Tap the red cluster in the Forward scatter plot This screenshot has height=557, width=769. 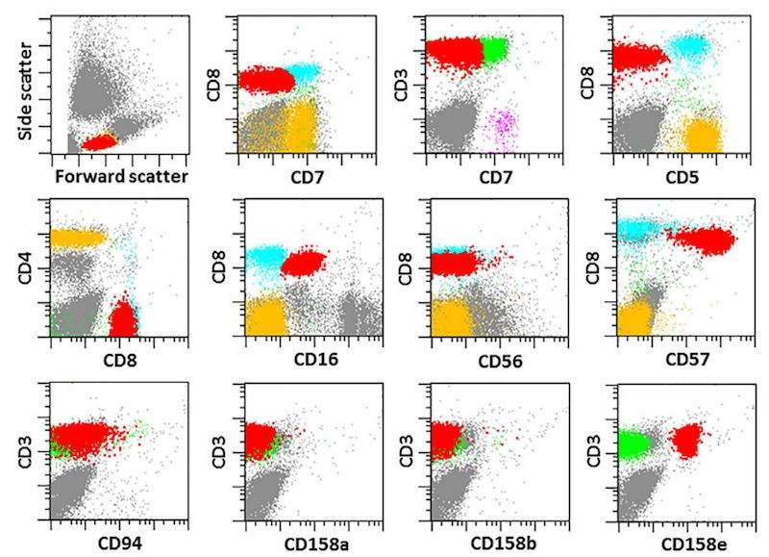pyautogui.click(x=98, y=142)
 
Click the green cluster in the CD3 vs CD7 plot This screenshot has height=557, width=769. pyautogui.click(x=497, y=50)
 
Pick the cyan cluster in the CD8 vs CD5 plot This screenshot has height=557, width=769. pyautogui.click(x=691, y=45)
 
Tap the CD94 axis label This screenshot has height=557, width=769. pyautogui.click(x=110, y=545)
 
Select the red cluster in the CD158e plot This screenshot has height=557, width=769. pyautogui.click(x=688, y=441)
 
